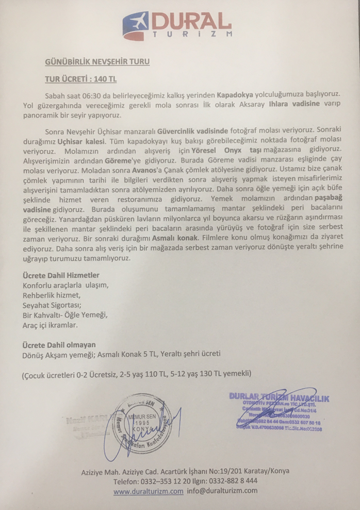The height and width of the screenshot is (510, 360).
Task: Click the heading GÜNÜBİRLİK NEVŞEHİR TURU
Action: pyautogui.click(x=96, y=62)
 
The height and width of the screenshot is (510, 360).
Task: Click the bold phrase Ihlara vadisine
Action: pyautogui.click(x=295, y=104)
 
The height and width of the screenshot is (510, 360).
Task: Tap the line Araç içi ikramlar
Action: pyautogui.click(x=50, y=325)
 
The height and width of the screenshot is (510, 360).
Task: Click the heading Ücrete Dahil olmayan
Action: pyautogui.click(x=59, y=344)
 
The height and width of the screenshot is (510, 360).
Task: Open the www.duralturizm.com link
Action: pyautogui.click(x=148, y=491)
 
